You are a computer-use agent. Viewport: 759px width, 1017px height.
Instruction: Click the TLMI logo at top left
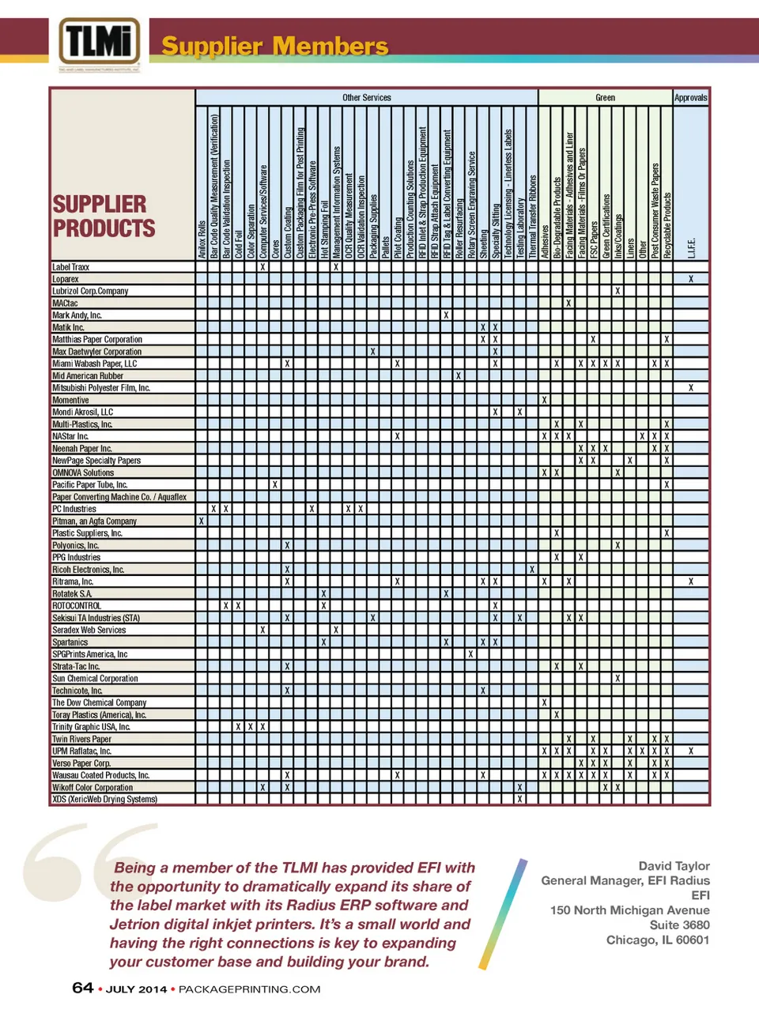pyautogui.click(x=100, y=43)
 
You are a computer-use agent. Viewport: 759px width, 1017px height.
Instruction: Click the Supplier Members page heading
pyautogui.click(x=274, y=46)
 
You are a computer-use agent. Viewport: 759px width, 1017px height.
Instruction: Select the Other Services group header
pyautogui.click(x=367, y=98)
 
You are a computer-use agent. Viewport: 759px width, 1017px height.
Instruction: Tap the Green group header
pyautogui.click(x=605, y=98)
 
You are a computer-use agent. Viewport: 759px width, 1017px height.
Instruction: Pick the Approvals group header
pyautogui.click(x=690, y=98)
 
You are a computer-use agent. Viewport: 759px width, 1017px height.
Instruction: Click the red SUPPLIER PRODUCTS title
pyautogui.click(x=103, y=216)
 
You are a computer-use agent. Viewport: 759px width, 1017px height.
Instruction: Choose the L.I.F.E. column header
pyautogui.click(x=691, y=247)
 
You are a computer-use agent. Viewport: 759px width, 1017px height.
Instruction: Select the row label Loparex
pyautogui.click(x=66, y=279)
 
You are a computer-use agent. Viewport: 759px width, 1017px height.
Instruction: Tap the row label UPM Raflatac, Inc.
pyautogui.click(x=81, y=751)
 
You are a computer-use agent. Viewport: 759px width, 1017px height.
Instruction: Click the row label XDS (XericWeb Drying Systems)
pyautogui.click(x=104, y=800)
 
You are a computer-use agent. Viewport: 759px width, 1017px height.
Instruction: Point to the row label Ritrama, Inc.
pyautogui.click(x=73, y=582)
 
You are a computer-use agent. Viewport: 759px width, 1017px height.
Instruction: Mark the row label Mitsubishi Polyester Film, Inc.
pyautogui.click(x=101, y=388)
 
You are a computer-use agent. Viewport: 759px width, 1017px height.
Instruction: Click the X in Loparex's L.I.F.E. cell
pyautogui.click(x=691, y=279)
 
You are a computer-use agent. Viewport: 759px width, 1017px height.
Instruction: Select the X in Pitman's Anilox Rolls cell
pyautogui.click(x=202, y=522)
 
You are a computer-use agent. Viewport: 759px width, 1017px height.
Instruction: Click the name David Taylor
pyautogui.click(x=674, y=866)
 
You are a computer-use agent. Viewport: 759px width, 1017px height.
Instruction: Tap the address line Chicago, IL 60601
pyautogui.click(x=658, y=940)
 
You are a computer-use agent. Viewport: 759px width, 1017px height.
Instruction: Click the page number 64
pyautogui.click(x=83, y=988)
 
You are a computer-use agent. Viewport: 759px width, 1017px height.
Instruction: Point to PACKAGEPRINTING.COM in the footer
pyautogui.click(x=250, y=989)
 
